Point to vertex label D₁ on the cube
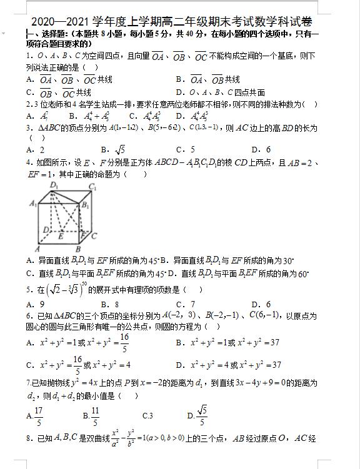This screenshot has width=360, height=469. (54, 185)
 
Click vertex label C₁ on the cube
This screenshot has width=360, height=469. (92, 186)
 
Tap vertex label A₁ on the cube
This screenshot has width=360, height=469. (33, 203)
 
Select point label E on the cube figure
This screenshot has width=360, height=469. (61, 237)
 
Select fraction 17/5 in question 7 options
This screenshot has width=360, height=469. (39, 415)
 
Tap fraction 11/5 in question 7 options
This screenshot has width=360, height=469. (95, 415)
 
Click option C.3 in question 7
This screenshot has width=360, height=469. (147, 415)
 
